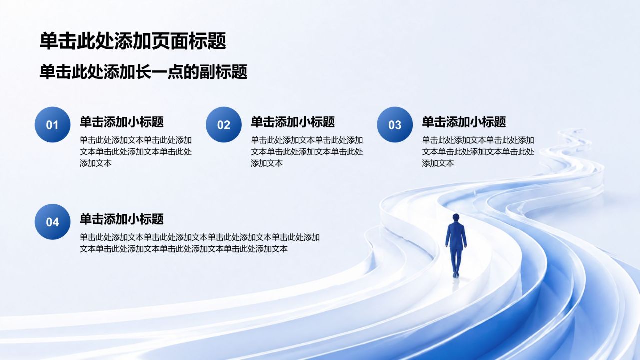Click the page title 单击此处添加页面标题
(x=133, y=41)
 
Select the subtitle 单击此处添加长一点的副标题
(x=143, y=71)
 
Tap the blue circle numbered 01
(x=52, y=125)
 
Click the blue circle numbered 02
(x=223, y=125)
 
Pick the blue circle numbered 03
(x=395, y=125)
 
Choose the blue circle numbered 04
(x=52, y=222)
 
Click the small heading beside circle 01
(x=121, y=122)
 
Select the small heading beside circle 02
(x=293, y=122)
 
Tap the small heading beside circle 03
(x=464, y=122)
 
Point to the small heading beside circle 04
(x=121, y=219)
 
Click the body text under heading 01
(x=135, y=151)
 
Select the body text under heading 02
(x=307, y=151)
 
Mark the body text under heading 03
(x=478, y=151)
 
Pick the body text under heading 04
(x=199, y=243)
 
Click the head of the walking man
(x=456, y=217)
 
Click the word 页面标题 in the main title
(x=189, y=41)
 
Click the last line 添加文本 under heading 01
(x=95, y=163)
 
